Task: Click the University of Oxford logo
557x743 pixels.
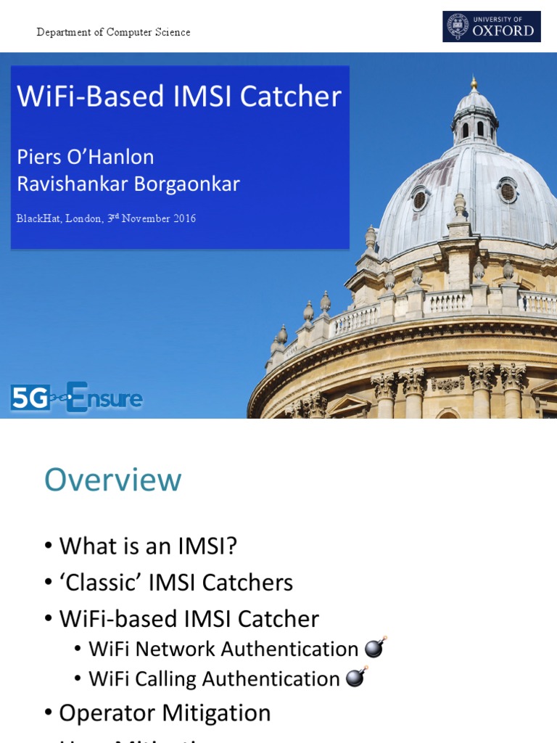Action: point(492,26)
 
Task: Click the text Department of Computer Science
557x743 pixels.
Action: point(114,32)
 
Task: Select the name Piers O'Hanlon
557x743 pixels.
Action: point(86,156)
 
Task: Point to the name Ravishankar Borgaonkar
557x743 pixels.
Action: point(128,184)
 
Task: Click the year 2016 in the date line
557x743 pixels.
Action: point(183,218)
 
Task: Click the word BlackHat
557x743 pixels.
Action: point(38,218)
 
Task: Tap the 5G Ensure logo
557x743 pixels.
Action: point(76,398)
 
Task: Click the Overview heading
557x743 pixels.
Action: point(113,480)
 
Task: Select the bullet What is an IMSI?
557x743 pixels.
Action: point(148,546)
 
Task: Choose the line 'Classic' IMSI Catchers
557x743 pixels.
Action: point(176,582)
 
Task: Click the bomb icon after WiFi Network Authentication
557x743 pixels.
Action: point(375,647)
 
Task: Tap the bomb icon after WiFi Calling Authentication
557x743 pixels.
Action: point(356,677)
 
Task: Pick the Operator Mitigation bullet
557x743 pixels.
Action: point(165,713)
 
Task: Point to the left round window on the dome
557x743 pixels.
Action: point(419,200)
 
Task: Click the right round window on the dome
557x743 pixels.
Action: point(508,192)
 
